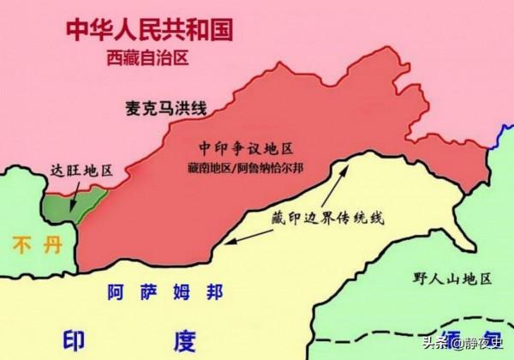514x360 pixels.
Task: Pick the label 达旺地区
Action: point(81,170)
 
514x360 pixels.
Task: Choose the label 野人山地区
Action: point(451,279)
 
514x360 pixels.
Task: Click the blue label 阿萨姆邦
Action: point(164,291)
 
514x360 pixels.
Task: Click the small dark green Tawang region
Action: point(62,207)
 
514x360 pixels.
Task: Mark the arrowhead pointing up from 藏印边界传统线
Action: point(350,165)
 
